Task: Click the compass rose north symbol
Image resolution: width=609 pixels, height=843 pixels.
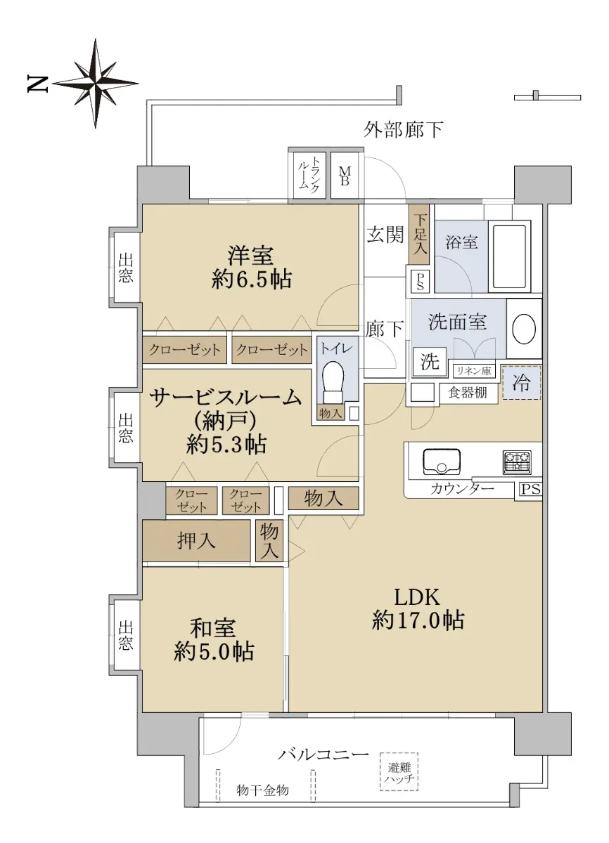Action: pyautogui.click(x=96, y=83)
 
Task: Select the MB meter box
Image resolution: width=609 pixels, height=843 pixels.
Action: pyautogui.click(x=345, y=176)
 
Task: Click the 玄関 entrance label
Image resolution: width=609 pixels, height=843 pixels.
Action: pyautogui.click(x=385, y=234)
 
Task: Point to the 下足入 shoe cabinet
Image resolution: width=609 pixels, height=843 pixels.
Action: pyautogui.click(x=420, y=234)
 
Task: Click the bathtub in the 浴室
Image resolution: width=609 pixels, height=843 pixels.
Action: pyautogui.click(x=510, y=256)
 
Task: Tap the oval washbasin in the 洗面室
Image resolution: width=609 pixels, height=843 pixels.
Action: pyautogui.click(x=524, y=329)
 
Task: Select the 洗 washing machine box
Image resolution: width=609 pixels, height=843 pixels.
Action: pyautogui.click(x=430, y=362)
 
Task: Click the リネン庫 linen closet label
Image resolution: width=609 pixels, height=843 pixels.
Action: pyautogui.click(x=474, y=371)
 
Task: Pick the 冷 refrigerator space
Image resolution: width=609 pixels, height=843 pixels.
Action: pyautogui.click(x=522, y=382)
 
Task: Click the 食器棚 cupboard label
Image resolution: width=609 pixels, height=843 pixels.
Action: pyautogui.click(x=468, y=393)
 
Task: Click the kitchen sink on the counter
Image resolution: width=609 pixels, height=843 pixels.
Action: pyautogui.click(x=441, y=462)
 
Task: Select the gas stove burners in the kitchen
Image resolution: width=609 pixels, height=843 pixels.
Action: pyautogui.click(x=517, y=462)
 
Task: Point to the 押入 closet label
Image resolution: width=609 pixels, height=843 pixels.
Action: pyautogui.click(x=196, y=541)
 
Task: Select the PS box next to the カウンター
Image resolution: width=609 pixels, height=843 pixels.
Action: pyautogui.click(x=531, y=489)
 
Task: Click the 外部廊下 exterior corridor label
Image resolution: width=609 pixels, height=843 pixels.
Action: pyautogui.click(x=403, y=130)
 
